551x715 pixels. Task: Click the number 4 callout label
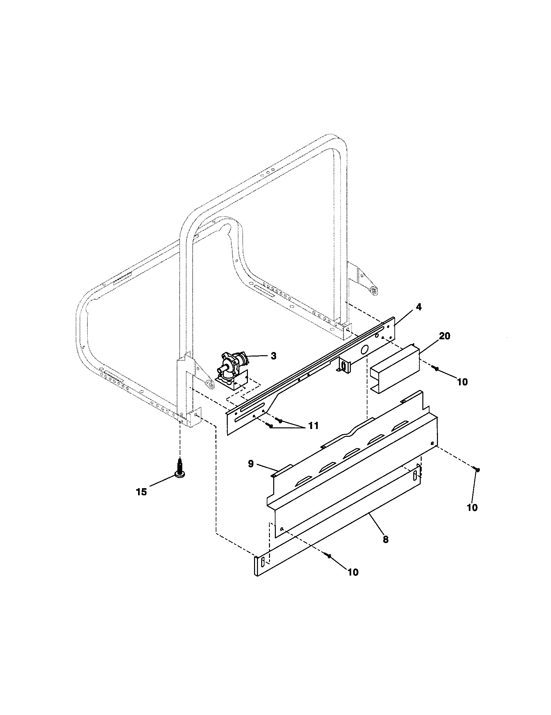tap(418, 307)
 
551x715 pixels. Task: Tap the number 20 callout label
tap(444, 336)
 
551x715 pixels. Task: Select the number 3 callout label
tap(274, 356)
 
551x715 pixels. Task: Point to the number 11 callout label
tap(313, 426)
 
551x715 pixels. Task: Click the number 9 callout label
tap(250, 464)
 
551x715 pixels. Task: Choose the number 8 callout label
tap(385, 539)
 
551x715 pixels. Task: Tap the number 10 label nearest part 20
tap(462, 382)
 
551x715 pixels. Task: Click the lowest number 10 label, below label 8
tap(353, 572)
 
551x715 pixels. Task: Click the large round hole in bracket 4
tap(364, 351)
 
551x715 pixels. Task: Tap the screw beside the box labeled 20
tap(436, 369)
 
